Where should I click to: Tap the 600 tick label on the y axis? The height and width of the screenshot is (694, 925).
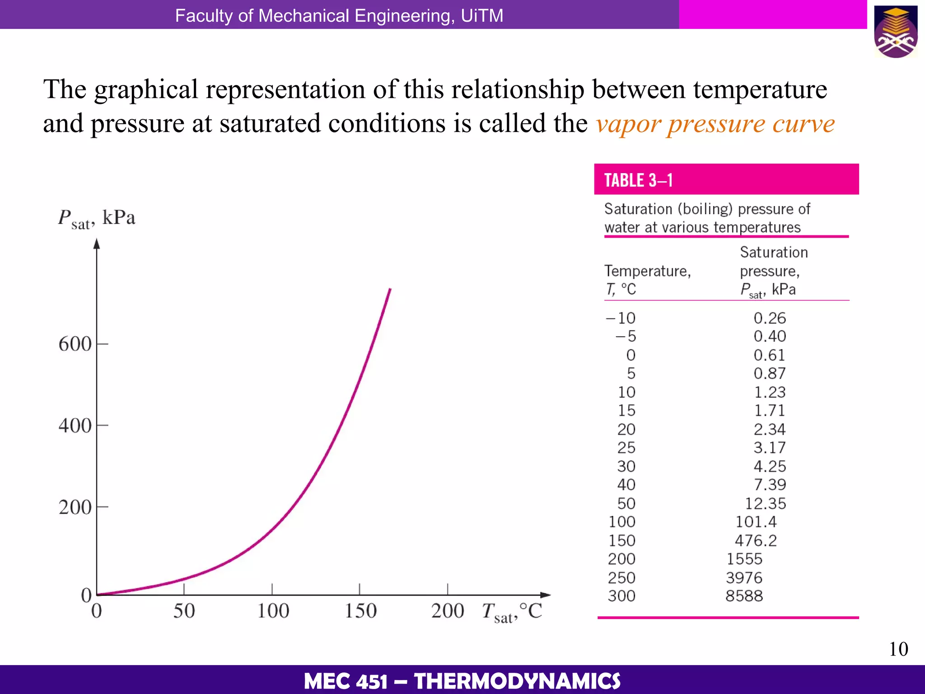(x=75, y=344)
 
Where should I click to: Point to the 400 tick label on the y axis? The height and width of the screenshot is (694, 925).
(x=75, y=426)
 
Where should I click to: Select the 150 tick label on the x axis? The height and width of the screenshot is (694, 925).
(x=360, y=611)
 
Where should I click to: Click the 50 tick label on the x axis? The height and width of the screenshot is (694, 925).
(x=184, y=611)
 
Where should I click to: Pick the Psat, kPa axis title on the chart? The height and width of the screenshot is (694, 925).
(x=96, y=219)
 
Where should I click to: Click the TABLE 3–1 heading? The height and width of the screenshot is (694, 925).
(x=638, y=180)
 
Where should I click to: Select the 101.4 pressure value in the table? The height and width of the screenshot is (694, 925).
(x=756, y=522)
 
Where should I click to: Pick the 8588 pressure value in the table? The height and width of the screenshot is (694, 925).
(x=744, y=596)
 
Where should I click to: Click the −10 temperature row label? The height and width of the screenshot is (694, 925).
(x=621, y=318)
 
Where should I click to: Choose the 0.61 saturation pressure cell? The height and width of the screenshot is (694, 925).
(x=769, y=355)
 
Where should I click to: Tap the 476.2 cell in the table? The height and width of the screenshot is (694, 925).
(x=756, y=541)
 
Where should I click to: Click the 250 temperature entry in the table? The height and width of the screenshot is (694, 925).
(x=621, y=578)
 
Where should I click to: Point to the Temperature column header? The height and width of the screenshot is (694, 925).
(x=647, y=271)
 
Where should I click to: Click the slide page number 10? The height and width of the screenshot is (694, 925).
(x=898, y=649)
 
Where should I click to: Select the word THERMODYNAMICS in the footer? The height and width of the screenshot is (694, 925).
(x=517, y=681)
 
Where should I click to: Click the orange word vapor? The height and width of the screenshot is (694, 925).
(x=628, y=124)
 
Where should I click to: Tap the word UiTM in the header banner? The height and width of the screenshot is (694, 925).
(x=482, y=16)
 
